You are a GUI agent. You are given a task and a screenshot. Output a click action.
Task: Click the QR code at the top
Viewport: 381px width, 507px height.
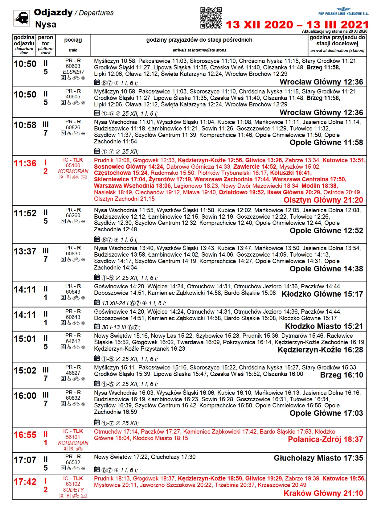point(211,18)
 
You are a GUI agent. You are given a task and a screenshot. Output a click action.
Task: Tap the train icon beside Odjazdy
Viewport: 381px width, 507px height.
point(22,18)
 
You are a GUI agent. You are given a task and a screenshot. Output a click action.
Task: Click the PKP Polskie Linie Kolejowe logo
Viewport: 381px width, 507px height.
point(343,12)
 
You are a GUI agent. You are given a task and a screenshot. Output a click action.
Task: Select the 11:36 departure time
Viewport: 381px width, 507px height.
point(25,163)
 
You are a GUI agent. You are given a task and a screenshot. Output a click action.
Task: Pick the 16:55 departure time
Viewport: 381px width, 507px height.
point(25,435)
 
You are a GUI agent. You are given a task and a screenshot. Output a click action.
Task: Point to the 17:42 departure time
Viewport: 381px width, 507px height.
point(25,482)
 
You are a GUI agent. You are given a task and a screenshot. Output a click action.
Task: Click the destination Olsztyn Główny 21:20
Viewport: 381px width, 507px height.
point(323,200)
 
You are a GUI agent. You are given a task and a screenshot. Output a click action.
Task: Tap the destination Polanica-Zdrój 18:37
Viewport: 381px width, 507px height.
point(326,439)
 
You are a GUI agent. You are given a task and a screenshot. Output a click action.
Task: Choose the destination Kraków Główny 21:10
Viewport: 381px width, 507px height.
point(323,493)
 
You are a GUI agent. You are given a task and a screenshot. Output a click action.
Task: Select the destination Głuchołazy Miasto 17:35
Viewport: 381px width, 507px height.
point(318,458)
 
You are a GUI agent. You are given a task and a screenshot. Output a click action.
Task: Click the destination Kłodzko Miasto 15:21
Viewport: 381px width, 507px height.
point(324,326)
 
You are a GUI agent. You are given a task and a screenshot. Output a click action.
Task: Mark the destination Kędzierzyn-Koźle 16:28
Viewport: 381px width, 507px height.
point(320,350)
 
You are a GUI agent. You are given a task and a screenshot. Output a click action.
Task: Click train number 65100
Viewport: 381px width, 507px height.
point(73,166)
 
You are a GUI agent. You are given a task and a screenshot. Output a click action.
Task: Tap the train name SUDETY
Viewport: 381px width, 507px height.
point(73,490)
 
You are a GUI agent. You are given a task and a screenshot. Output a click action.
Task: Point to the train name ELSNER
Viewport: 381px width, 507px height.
point(73,72)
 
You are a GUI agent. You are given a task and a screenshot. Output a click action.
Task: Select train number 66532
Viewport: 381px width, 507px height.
point(73,463)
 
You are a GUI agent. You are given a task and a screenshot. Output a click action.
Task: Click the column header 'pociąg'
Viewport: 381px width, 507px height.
point(73,40)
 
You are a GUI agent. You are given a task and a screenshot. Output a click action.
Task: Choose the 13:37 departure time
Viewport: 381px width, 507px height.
point(25,252)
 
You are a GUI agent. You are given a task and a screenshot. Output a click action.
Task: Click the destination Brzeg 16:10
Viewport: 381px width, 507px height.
point(342,375)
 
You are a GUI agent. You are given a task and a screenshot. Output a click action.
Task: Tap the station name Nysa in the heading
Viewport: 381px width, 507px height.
point(46,25)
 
